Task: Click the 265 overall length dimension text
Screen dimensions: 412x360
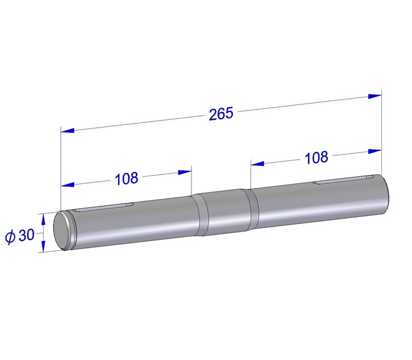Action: (x=221, y=113)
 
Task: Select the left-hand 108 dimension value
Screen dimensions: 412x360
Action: (x=126, y=179)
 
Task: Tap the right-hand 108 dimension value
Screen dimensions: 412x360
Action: (x=316, y=157)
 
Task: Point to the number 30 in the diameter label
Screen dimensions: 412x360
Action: (x=27, y=235)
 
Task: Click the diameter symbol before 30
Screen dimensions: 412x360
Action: (x=10, y=237)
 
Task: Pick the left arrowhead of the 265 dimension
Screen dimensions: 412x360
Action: (x=67, y=130)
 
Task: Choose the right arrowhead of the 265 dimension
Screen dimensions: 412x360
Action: (x=375, y=96)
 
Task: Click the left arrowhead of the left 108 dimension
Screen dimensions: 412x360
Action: (x=67, y=185)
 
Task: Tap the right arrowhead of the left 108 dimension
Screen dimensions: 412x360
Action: (x=184, y=172)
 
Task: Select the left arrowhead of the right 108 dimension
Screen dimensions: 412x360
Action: (x=258, y=164)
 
